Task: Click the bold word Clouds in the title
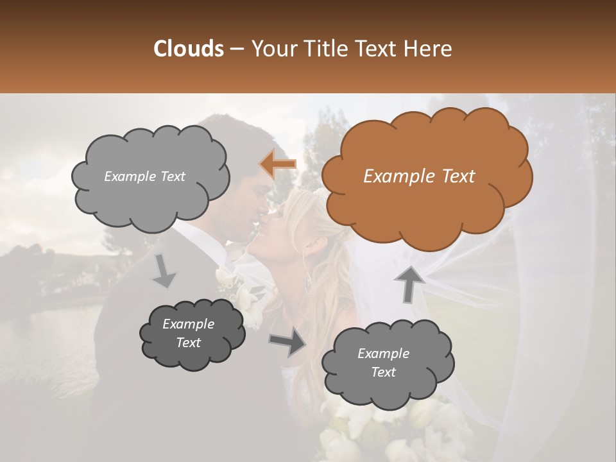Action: click(x=188, y=49)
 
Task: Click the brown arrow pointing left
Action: click(x=278, y=164)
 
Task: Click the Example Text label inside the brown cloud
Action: click(x=419, y=176)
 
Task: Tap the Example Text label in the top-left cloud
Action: click(x=144, y=176)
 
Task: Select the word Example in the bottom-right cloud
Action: click(x=383, y=354)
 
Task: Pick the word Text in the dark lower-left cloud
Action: click(x=188, y=343)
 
